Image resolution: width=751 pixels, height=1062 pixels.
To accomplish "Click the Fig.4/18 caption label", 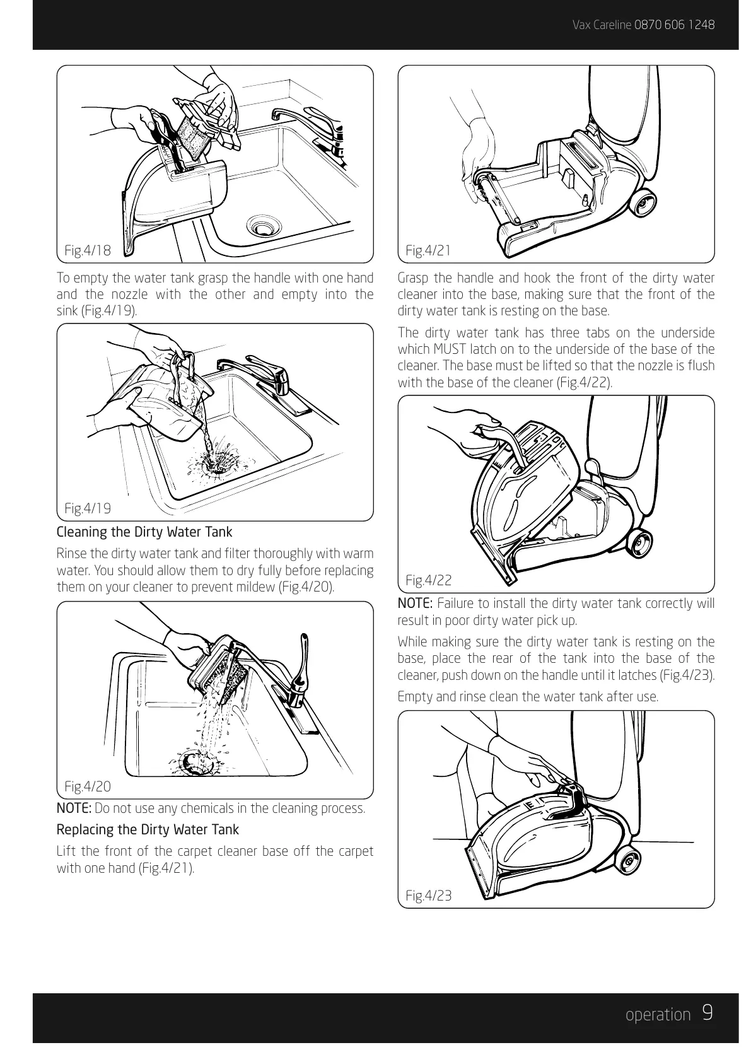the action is click(88, 250).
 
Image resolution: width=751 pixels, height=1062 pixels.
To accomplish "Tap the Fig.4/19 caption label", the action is click(88, 508).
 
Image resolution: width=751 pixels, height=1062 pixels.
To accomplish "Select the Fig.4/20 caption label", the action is click(88, 786).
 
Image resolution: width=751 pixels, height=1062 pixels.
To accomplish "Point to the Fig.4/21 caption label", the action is click(428, 250).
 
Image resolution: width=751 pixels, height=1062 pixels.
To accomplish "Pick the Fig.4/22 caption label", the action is click(429, 580).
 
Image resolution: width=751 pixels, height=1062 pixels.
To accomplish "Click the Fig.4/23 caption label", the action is click(429, 896).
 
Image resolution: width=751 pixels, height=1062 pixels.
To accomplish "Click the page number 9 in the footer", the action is click(707, 1013).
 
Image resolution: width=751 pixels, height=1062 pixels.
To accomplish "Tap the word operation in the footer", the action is click(658, 1015).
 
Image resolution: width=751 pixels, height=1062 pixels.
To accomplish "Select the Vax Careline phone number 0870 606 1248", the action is click(674, 25).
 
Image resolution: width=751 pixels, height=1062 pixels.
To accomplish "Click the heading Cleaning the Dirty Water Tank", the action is click(144, 532).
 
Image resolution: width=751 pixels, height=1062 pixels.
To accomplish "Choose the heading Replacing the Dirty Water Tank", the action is click(148, 829).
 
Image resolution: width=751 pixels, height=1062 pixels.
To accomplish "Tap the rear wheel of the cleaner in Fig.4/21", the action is click(643, 202).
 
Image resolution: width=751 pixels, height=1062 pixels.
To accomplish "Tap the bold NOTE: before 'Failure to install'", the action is click(416, 604).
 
